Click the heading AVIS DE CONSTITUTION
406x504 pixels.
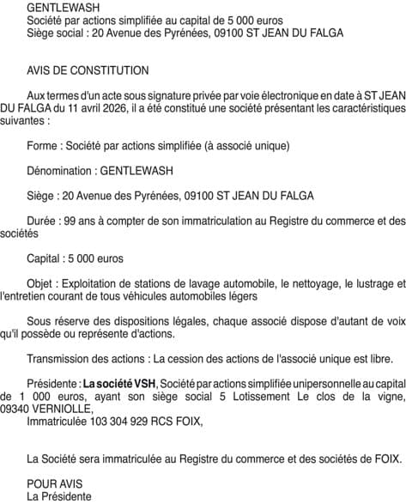click(x=87, y=70)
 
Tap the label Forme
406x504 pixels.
click(x=44, y=145)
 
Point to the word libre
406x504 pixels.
click(x=381, y=357)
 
